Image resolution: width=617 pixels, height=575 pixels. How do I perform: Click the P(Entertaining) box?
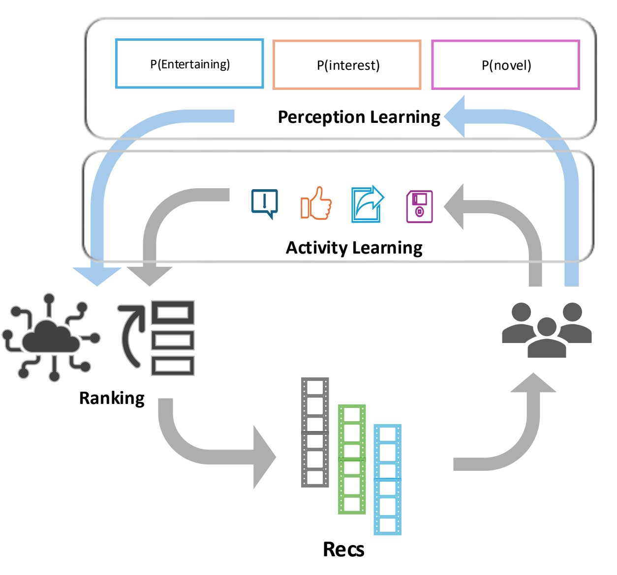[x=189, y=64]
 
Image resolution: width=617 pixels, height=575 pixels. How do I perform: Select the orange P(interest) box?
[x=347, y=65]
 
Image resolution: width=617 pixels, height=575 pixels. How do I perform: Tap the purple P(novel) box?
[x=505, y=65]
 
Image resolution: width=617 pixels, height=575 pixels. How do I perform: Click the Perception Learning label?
[x=359, y=117]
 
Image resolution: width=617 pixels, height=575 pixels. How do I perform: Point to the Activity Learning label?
[x=354, y=248]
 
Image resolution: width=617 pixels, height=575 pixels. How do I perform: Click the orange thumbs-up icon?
[x=316, y=203]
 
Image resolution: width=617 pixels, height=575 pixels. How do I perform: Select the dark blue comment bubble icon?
[x=265, y=203]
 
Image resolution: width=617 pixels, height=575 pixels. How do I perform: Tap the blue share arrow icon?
[x=367, y=204]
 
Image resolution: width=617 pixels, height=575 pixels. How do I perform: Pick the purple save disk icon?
[x=419, y=206]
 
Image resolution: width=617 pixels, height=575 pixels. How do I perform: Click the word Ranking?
[x=112, y=398]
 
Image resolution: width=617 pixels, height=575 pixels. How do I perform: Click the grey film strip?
[x=315, y=432]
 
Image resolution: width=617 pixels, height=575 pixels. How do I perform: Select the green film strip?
[x=352, y=460]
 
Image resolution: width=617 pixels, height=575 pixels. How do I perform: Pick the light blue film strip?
[x=388, y=480]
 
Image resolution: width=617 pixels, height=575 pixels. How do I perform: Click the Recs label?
[x=343, y=549]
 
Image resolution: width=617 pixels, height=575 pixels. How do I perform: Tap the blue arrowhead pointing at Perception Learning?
[x=455, y=116]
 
